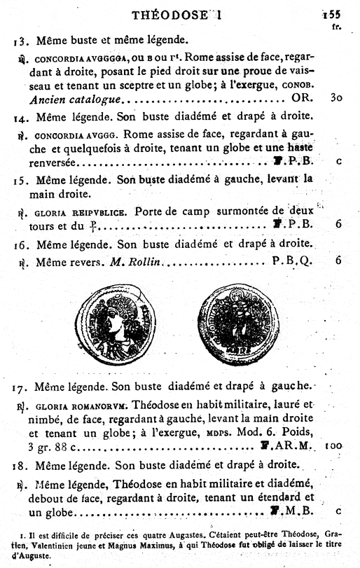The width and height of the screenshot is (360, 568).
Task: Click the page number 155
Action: click(331, 13)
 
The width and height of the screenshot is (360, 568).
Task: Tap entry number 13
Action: click(20, 41)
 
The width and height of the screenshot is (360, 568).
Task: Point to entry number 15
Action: click(20, 179)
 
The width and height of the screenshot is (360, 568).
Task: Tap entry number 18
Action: click(20, 465)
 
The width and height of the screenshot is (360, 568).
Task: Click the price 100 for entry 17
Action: click(333, 445)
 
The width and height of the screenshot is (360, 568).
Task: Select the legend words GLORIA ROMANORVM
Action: click(70, 406)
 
